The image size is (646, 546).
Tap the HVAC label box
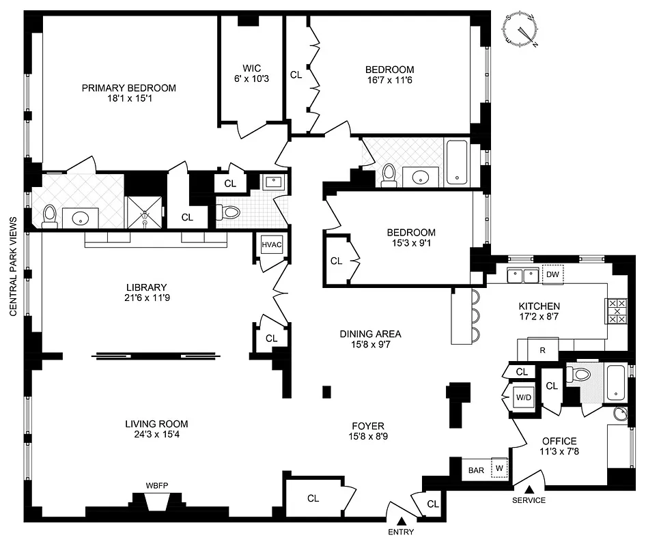pyautogui.click(x=272, y=245)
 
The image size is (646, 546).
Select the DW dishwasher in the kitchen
pyautogui.click(x=552, y=274)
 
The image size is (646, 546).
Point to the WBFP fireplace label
pyautogui.click(x=157, y=486)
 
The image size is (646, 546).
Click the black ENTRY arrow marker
pyautogui.click(x=401, y=520)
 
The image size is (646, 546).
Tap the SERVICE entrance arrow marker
pyautogui.click(x=529, y=488)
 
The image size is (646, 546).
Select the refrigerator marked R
pyautogui.click(x=542, y=349)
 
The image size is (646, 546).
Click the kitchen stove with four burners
pyautogui.click(x=617, y=311)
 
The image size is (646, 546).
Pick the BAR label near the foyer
pyautogui.click(x=476, y=470)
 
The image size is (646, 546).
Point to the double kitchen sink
pyautogui.click(x=524, y=275)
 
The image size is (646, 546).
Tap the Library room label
pyautogui.click(x=146, y=287)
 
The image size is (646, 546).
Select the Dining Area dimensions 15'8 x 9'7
pyautogui.click(x=370, y=345)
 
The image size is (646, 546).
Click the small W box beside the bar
pyautogui.click(x=499, y=468)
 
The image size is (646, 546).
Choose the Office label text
pyautogui.click(x=559, y=441)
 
